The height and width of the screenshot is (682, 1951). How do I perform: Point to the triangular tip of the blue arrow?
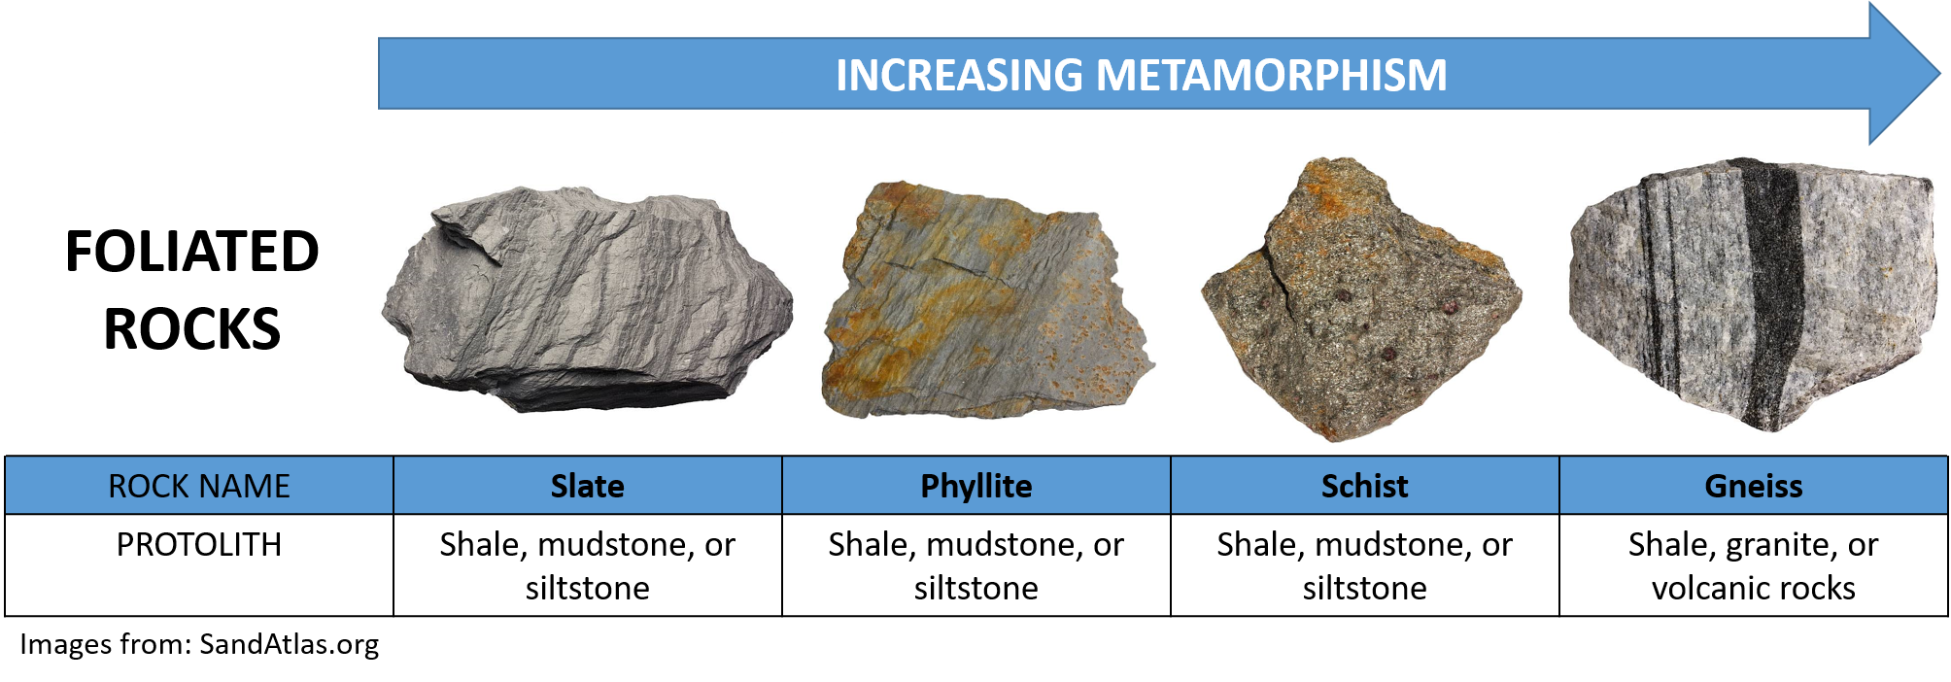(x=1939, y=74)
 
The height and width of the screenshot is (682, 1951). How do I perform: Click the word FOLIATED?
(x=192, y=252)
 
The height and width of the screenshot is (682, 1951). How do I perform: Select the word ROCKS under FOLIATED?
(x=192, y=329)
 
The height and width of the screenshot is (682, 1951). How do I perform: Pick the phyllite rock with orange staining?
(x=986, y=299)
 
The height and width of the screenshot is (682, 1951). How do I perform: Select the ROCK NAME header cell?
(x=199, y=486)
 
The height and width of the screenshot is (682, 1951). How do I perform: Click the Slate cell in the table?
(x=588, y=486)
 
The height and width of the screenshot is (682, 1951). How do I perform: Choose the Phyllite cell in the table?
(x=976, y=486)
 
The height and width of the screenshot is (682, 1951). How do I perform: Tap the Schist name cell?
(x=1365, y=486)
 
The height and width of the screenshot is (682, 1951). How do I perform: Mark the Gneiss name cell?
(x=1754, y=486)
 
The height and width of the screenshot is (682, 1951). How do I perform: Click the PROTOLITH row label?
(x=199, y=545)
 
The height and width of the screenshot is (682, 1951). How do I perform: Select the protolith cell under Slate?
(x=588, y=565)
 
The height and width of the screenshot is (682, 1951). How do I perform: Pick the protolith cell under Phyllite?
(x=976, y=565)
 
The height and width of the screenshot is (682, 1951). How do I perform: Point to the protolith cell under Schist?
(x=1365, y=565)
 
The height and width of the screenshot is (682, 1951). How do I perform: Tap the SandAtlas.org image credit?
(x=289, y=645)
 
